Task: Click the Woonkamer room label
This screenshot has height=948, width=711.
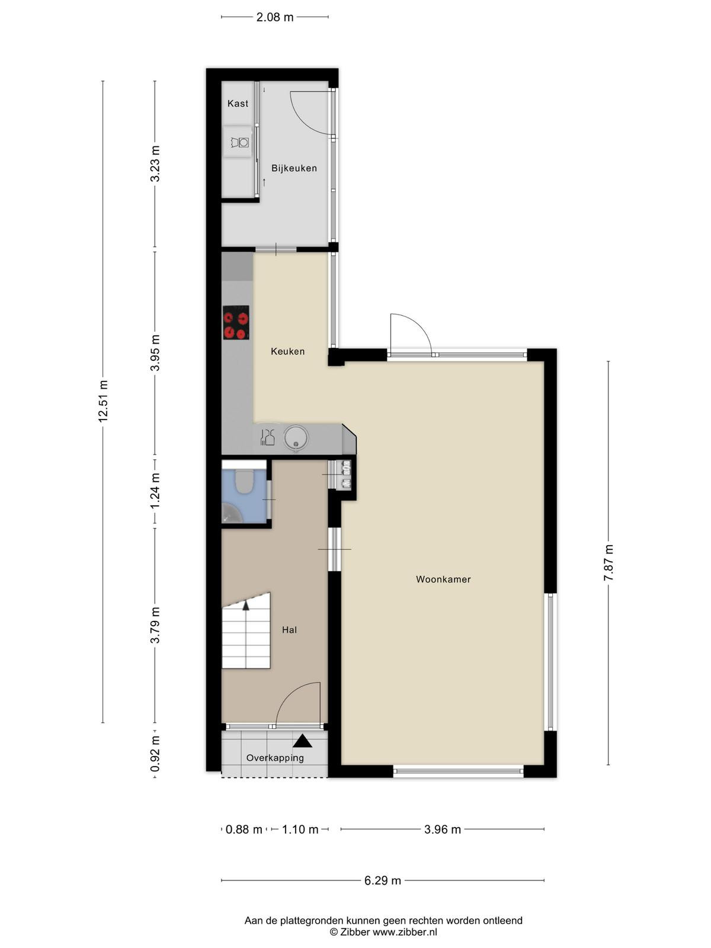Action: point(443,579)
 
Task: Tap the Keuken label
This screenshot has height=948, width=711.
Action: point(287,351)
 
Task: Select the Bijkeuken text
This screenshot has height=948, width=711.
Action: point(294,168)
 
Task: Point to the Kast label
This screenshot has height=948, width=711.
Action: point(238,103)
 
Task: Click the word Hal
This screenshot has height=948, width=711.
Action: point(289,630)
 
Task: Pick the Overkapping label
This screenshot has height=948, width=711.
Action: point(275,758)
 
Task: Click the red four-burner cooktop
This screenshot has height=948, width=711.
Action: point(236,323)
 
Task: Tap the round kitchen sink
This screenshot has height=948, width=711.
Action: point(296,438)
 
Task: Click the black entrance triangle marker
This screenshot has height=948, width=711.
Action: point(303,741)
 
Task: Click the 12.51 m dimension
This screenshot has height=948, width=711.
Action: point(103,402)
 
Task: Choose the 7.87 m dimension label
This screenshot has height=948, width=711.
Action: point(608,563)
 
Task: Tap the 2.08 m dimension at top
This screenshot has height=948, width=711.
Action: point(274,17)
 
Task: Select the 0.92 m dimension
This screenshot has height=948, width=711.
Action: point(155,754)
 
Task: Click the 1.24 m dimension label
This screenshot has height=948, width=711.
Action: point(155,491)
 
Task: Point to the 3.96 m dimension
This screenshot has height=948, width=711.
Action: point(443,829)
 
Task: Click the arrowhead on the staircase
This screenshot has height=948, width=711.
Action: point(246,606)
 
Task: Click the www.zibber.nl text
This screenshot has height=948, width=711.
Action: point(405,933)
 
